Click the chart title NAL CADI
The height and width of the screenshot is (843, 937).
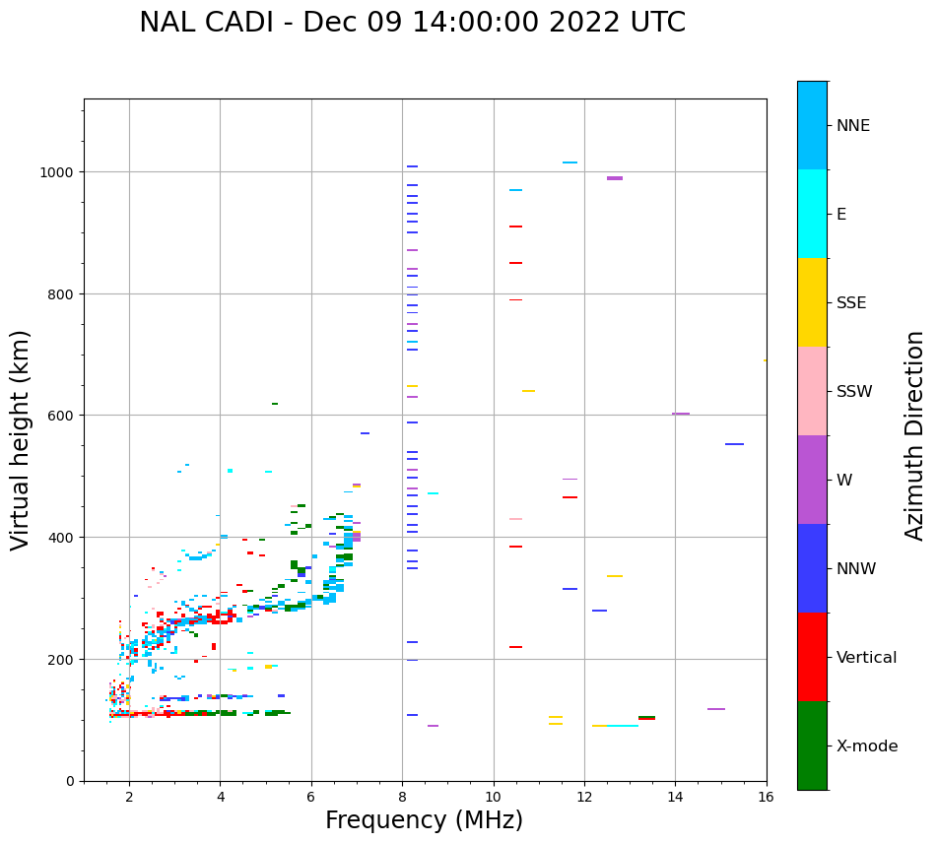(x=412, y=23)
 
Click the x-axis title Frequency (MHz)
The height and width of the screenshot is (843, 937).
(x=424, y=821)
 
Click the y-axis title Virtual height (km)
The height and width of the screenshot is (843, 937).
(x=22, y=440)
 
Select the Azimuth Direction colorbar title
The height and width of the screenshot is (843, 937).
(x=915, y=435)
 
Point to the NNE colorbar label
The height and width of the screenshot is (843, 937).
(x=853, y=126)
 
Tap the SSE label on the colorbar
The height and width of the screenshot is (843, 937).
(x=851, y=303)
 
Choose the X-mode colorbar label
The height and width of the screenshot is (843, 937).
(x=867, y=746)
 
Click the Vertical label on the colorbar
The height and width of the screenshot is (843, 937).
(x=867, y=658)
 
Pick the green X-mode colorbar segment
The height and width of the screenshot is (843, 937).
(x=812, y=746)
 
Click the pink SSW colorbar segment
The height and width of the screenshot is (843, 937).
(x=812, y=391)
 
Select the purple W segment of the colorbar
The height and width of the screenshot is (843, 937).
(x=812, y=480)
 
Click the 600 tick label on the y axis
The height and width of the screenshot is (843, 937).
(x=62, y=416)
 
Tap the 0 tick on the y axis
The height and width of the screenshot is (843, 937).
(x=70, y=781)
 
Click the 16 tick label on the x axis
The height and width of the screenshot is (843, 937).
(x=767, y=799)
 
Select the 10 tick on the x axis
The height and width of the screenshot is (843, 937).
(x=494, y=799)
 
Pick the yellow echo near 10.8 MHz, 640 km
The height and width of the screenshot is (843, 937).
(x=529, y=391)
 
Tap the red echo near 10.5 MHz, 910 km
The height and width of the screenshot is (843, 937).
(x=515, y=227)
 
